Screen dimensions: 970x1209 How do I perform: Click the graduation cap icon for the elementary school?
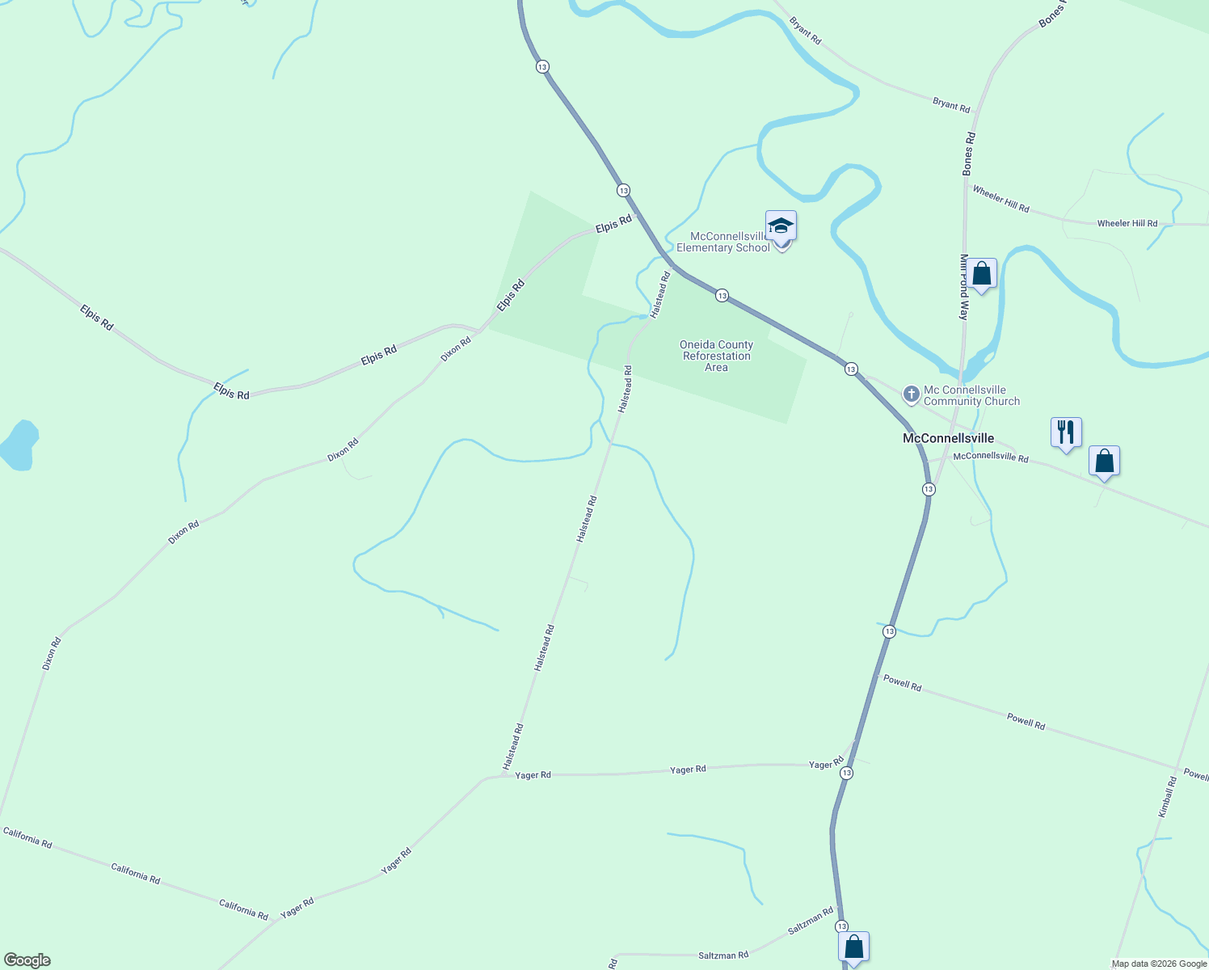tap(781, 226)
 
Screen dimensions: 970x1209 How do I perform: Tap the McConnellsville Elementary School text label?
tap(723, 242)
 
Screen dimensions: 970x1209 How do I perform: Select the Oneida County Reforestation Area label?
tap(716, 356)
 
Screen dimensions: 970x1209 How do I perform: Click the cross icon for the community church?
tap(911, 394)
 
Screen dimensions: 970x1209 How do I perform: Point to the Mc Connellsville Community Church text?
tap(971, 395)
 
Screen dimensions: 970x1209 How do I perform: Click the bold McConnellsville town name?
tap(948, 438)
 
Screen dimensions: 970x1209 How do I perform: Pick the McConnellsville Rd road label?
tap(990, 457)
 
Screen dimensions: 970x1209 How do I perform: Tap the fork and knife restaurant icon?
tap(1066, 432)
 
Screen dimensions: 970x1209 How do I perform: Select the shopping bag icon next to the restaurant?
tap(1104, 461)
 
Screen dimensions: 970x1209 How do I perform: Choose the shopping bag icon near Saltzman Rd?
tap(853, 947)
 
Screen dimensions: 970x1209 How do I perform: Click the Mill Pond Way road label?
tap(963, 287)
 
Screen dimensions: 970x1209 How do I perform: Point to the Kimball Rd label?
tap(1168, 797)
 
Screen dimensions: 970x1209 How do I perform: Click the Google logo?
tap(27, 960)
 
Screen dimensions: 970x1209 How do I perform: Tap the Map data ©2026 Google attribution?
tap(1159, 964)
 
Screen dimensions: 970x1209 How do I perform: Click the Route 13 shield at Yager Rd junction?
tap(846, 773)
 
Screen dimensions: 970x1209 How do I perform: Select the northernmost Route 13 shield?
tap(542, 66)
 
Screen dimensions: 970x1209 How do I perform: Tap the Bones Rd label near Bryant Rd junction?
tap(969, 154)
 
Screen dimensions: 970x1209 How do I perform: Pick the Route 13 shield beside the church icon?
tap(851, 369)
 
